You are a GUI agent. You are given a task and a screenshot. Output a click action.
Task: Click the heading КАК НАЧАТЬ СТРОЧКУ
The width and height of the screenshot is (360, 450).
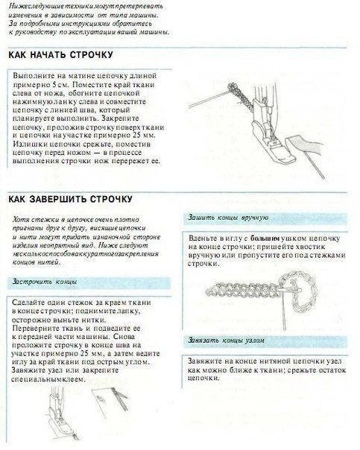[59, 57]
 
